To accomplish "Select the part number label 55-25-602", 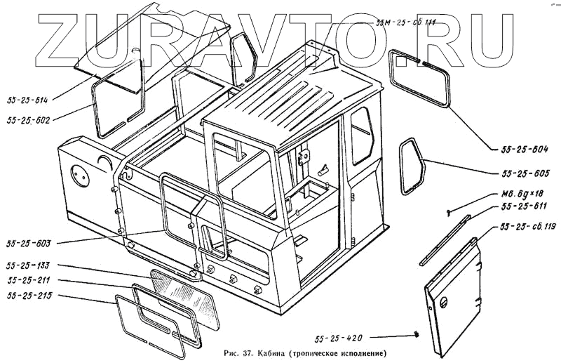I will tap(27, 121).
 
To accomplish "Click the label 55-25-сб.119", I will tap(527, 227).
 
